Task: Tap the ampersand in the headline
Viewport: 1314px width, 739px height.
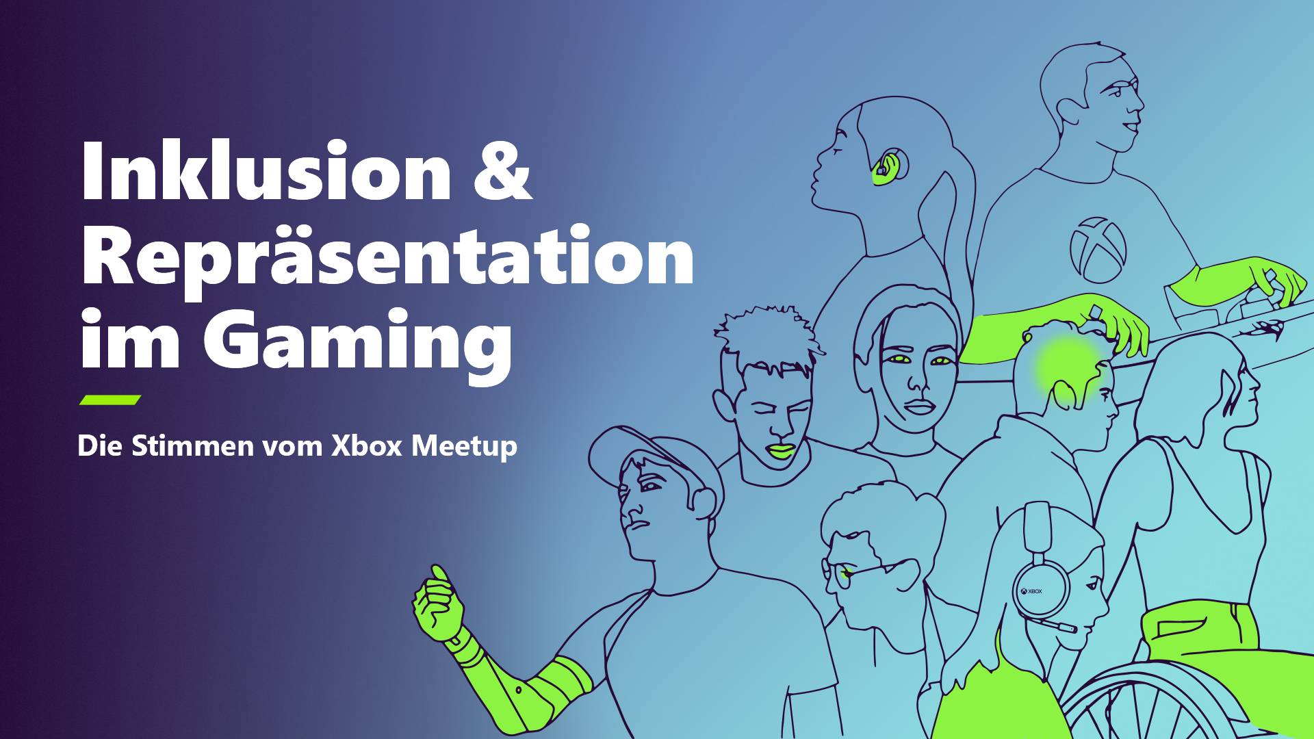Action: (x=502, y=170)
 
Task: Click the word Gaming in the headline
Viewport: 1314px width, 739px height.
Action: (x=357, y=342)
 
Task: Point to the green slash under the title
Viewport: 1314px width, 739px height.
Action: (x=110, y=400)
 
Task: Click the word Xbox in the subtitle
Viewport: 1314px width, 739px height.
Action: (x=366, y=445)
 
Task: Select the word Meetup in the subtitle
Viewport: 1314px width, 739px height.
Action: (x=464, y=447)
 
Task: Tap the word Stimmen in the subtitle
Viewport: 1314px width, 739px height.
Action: (x=193, y=445)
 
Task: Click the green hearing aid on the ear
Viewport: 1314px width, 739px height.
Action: (x=885, y=170)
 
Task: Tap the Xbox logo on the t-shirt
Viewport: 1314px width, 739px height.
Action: (x=1098, y=250)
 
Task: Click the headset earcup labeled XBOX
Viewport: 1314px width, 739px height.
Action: (x=1040, y=590)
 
